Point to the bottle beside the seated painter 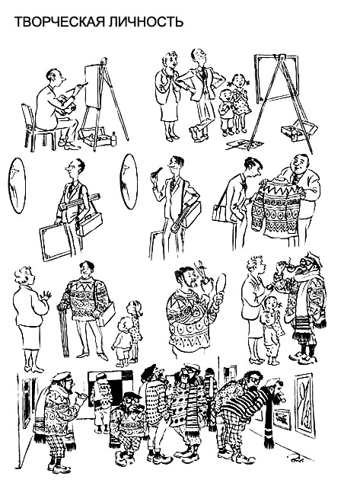[x=113, y=139]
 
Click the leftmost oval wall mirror [x=16, y=186]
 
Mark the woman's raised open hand [x=46, y=296]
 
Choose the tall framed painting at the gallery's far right [x=303, y=405]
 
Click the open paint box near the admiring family [x=298, y=129]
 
